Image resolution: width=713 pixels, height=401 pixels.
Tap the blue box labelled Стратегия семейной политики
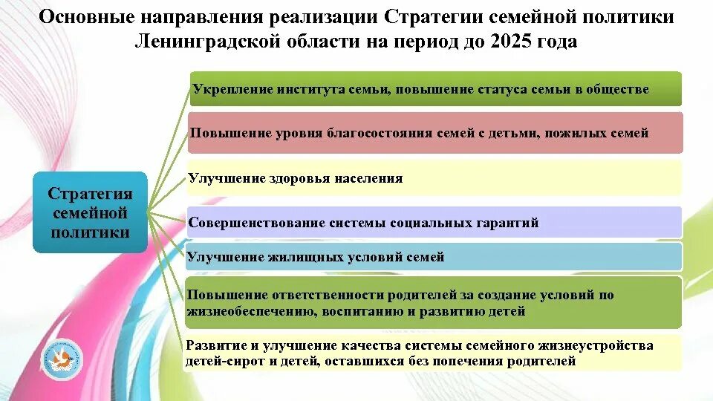(x=90, y=212)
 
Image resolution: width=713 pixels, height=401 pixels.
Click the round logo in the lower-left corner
(x=62, y=359)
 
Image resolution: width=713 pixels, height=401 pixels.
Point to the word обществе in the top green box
(x=619, y=90)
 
